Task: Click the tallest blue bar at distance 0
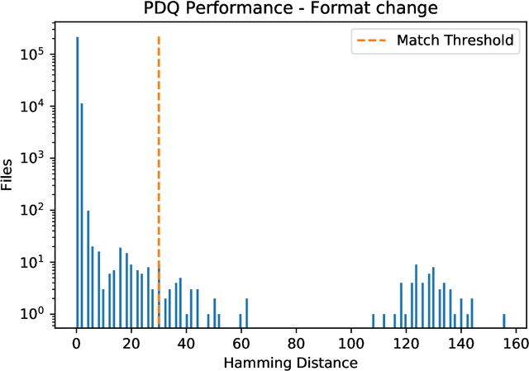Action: point(77,182)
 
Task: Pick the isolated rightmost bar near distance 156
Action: point(504,320)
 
